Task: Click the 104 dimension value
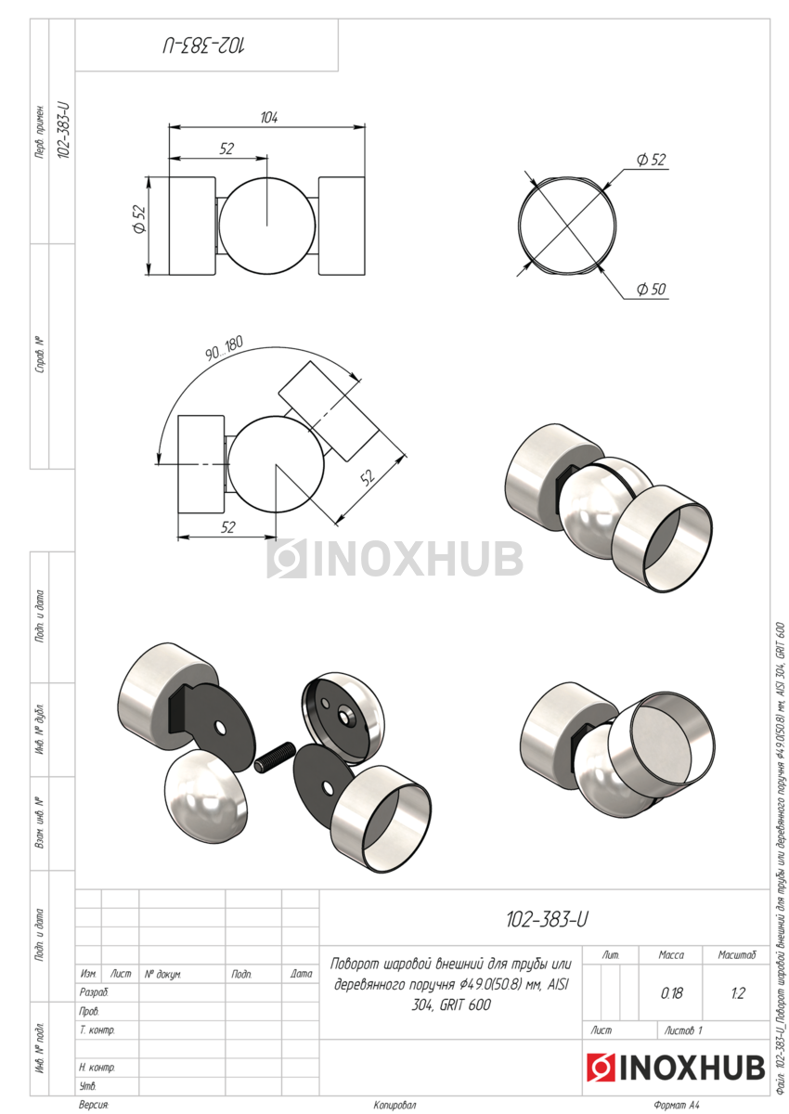tap(269, 118)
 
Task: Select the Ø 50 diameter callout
tap(651, 289)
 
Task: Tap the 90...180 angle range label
tap(225, 348)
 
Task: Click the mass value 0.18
tap(671, 993)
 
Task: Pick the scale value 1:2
tap(738, 993)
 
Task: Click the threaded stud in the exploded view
tap(275, 764)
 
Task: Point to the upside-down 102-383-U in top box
tap(204, 45)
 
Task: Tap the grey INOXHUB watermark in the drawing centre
tap(394, 558)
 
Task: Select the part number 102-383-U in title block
tap(547, 920)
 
